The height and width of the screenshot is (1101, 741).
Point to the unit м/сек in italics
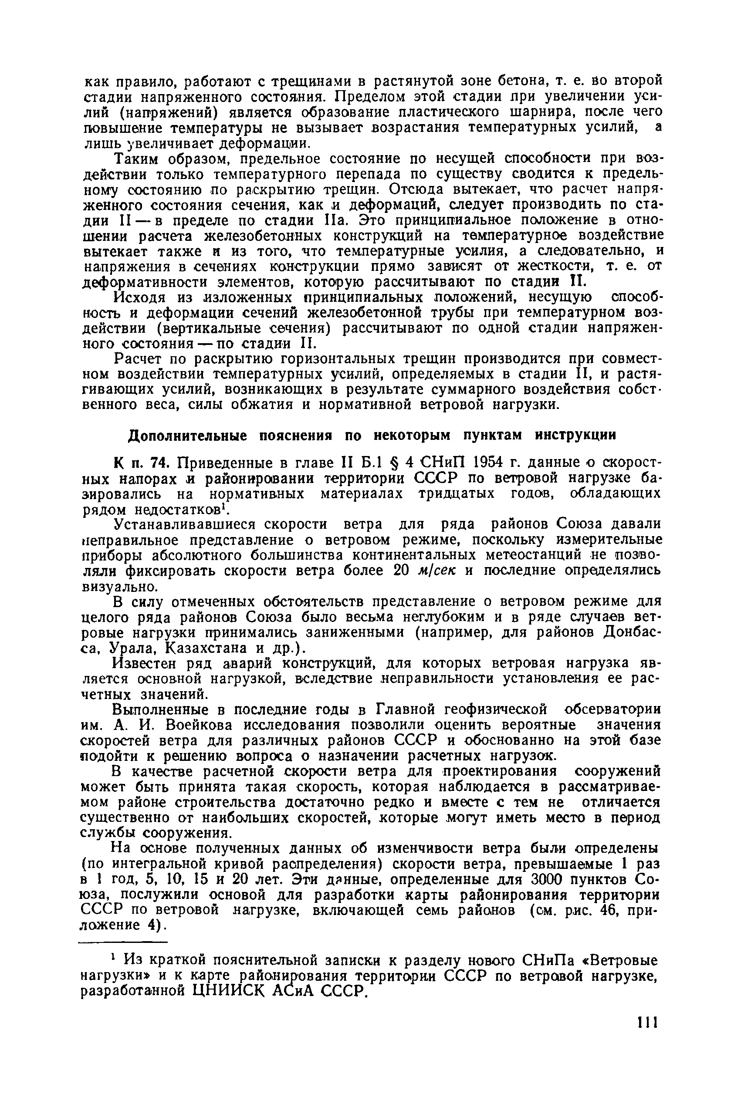point(430,571)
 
